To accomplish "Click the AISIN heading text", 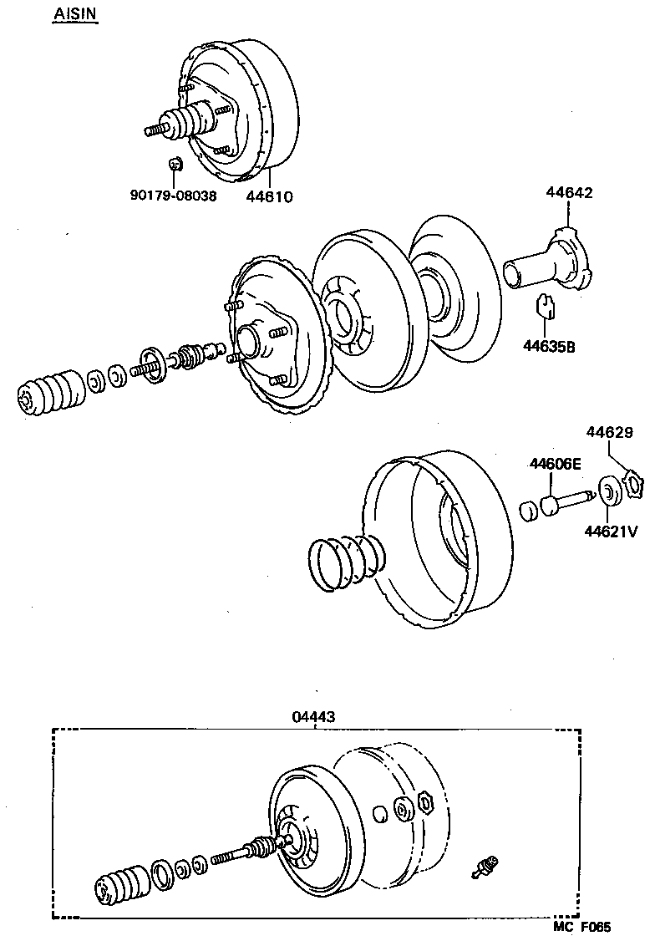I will point(75,14).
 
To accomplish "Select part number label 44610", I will point(269,196).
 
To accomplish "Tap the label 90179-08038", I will point(173,196).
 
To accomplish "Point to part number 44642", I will point(569,192).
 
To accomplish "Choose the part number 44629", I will point(609,433).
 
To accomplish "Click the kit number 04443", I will point(315,717).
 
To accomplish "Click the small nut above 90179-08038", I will point(175,163).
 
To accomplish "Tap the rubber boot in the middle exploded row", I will point(51,393).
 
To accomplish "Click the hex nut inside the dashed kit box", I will point(427,804).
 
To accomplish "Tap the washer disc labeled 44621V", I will point(608,493).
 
